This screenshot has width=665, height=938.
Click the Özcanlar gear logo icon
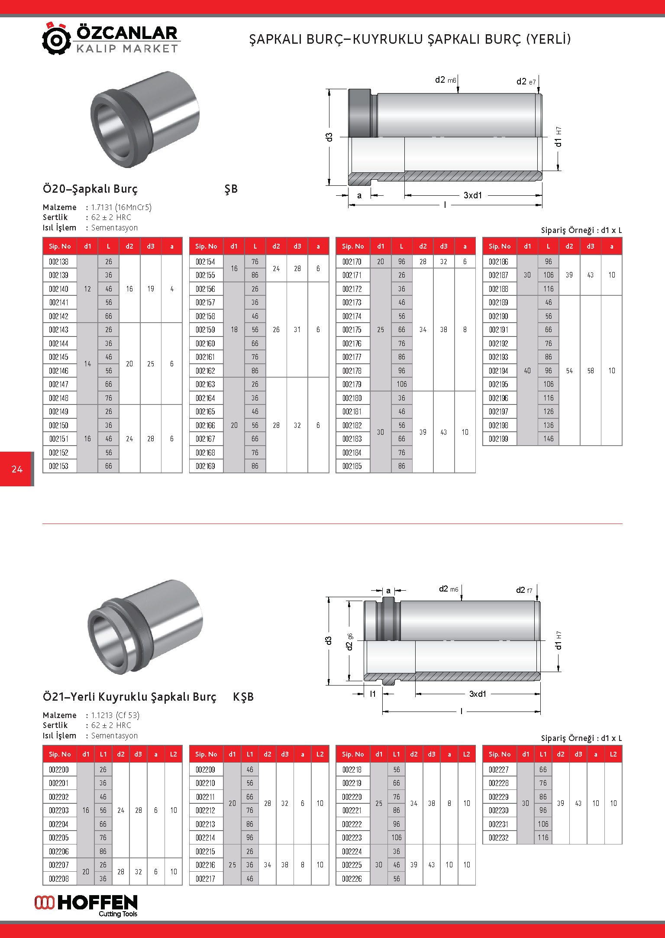click(56, 39)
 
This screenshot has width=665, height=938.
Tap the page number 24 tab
click(17, 469)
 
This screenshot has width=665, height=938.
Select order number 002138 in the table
click(59, 262)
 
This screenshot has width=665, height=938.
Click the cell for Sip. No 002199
click(499, 439)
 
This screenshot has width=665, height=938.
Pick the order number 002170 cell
click(352, 262)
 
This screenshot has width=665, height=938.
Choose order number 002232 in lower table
click(499, 838)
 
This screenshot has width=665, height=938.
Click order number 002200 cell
click(59, 770)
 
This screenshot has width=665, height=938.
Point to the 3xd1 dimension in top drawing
click(472, 195)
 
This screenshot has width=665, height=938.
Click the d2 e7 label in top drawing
click(526, 81)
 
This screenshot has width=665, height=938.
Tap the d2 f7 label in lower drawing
click(524, 590)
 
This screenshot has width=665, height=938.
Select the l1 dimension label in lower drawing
click(373, 694)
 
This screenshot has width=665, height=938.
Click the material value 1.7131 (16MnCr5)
click(121, 207)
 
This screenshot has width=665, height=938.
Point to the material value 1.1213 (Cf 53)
click(115, 715)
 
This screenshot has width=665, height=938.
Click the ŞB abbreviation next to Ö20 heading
click(231, 189)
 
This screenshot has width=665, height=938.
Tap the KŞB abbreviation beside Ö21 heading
click(243, 697)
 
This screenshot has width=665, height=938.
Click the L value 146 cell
click(548, 439)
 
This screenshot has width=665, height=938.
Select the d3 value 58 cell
click(590, 371)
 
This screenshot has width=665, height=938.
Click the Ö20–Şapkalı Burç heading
click(90, 189)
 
